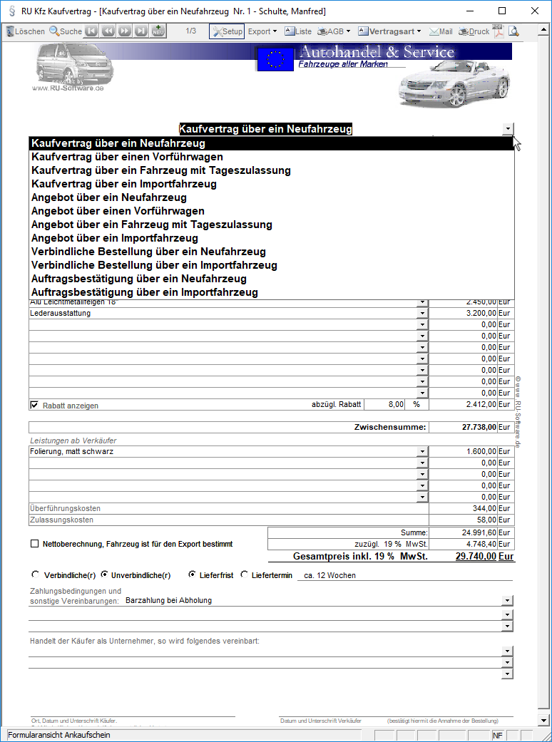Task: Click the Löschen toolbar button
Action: coord(26,31)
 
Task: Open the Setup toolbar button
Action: coord(227,31)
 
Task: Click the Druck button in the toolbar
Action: coord(474,31)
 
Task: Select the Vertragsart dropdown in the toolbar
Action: coord(389,31)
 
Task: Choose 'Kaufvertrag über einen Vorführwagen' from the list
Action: coord(127,157)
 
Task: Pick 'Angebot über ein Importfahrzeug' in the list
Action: coord(115,238)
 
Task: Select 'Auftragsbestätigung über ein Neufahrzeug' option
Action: coord(139,279)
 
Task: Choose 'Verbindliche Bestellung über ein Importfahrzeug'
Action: coord(154,265)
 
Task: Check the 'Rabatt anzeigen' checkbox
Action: coord(34,405)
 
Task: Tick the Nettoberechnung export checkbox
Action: coord(34,544)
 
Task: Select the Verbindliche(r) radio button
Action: coord(36,574)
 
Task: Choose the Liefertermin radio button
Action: coord(245,574)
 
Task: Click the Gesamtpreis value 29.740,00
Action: coord(476,557)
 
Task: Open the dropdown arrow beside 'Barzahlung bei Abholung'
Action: coord(507,600)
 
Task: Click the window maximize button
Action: coord(502,11)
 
